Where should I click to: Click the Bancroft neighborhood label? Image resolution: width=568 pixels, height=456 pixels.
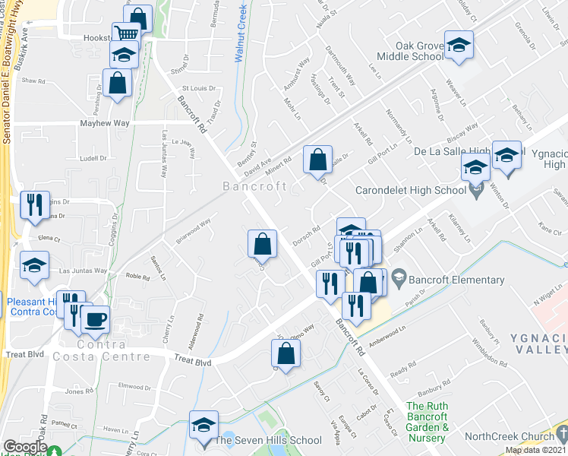pyautogui.click(x=254, y=186)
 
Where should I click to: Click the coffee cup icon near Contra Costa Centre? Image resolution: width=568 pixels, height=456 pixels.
pyautogui.click(x=95, y=320)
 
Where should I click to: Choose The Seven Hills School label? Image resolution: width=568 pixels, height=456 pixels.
pyautogui.click(x=268, y=440)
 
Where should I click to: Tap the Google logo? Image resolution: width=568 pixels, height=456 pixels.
pyautogui.click(x=25, y=447)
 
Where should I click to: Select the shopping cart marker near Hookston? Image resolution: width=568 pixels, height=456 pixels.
pyautogui.click(x=126, y=34)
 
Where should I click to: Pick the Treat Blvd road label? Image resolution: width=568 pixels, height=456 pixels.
pyautogui.click(x=193, y=363)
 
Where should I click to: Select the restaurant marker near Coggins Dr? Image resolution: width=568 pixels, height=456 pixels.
pyautogui.click(x=35, y=204)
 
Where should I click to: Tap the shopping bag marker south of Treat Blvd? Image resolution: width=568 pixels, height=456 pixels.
pyautogui.click(x=286, y=353)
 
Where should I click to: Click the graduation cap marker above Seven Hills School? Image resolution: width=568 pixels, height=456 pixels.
pyautogui.click(x=204, y=424)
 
